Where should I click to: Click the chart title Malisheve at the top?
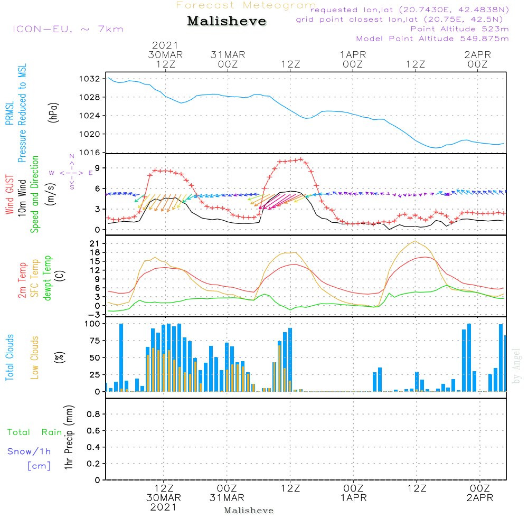pos(227,21)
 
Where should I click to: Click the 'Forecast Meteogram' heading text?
pos(246,5)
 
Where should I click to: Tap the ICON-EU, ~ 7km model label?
pos(68,29)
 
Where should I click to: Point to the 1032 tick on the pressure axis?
pos(90,79)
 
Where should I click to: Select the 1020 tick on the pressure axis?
pos(90,134)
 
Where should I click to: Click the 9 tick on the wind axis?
pos(97,168)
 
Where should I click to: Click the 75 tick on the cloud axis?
pos(95,341)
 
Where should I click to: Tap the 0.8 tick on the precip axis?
pos(93,414)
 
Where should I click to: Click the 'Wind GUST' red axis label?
pos(10,194)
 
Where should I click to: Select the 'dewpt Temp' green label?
pos(47,278)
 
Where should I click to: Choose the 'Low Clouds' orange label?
pos(34,357)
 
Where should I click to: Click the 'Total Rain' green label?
pos(35,432)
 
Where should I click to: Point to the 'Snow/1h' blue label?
pos(29,451)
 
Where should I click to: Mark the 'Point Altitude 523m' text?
pos(459,29)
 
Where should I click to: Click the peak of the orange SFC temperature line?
pos(415,241)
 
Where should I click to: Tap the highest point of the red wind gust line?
pos(301,159)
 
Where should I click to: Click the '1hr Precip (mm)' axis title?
pos(69,437)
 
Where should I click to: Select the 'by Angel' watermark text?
pos(516,366)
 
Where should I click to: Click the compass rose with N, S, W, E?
pos(71,173)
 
